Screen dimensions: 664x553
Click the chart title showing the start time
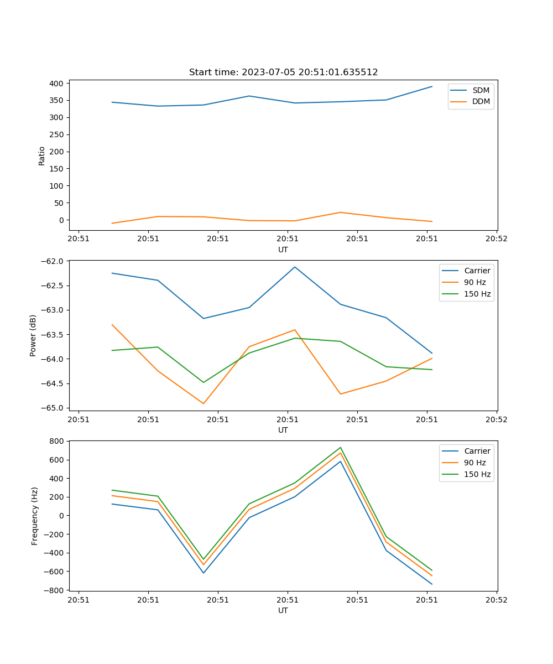click(283, 72)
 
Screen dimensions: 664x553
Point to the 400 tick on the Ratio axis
click(57, 84)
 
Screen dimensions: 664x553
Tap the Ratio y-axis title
click(42, 156)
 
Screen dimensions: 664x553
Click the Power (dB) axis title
click(33, 335)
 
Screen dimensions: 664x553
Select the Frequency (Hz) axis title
click(35, 516)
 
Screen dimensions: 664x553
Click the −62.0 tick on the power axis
click(53, 261)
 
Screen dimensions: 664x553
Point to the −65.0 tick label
click(53, 408)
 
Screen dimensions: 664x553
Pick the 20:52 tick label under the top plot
click(496, 239)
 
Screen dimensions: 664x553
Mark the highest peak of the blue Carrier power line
click(295, 267)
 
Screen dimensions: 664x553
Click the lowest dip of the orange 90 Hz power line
click(204, 403)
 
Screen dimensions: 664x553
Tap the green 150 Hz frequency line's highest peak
click(341, 448)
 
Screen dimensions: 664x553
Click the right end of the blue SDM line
click(432, 86)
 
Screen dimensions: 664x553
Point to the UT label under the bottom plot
click(283, 610)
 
